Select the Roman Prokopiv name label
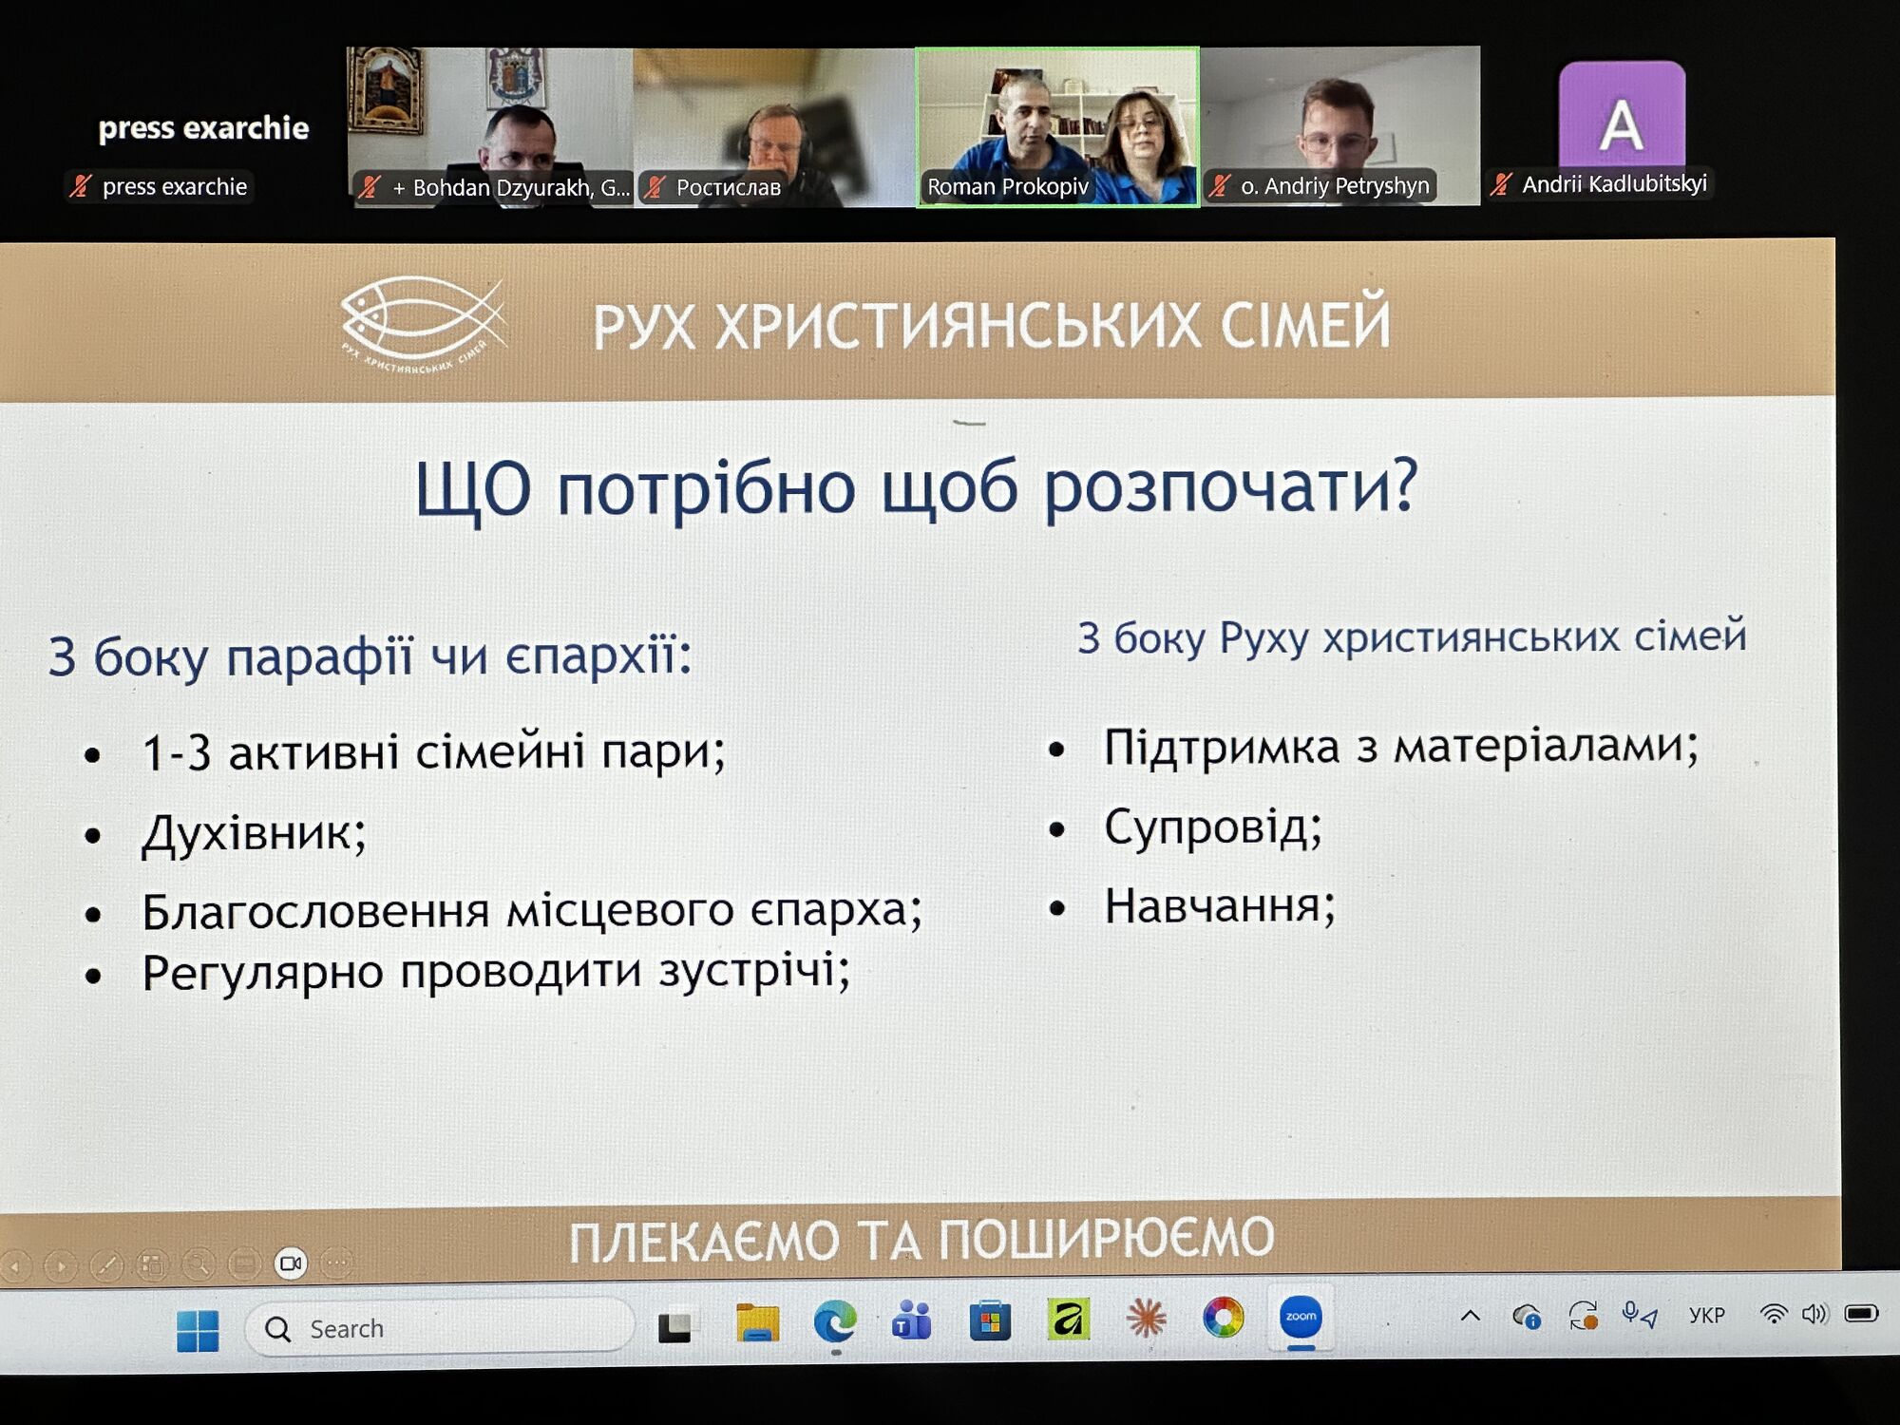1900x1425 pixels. pyautogui.click(x=1007, y=186)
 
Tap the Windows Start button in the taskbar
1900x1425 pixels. pyautogui.click(x=198, y=1330)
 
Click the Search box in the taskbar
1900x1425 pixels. pyautogui.click(x=439, y=1328)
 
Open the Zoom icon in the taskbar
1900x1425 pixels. pyautogui.click(x=1301, y=1318)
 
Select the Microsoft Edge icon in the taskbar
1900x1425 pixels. pyautogui.click(x=835, y=1321)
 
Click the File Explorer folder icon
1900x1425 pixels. pyautogui.click(x=757, y=1321)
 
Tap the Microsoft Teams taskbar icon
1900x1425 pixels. pyautogui.click(x=912, y=1320)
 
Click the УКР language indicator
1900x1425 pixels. pyautogui.click(x=1706, y=1316)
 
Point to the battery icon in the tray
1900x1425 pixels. pyautogui.click(x=1861, y=1313)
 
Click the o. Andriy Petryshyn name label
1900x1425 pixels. pyautogui.click(x=1334, y=186)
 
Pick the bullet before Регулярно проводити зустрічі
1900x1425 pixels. pyautogui.click(x=93, y=976)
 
